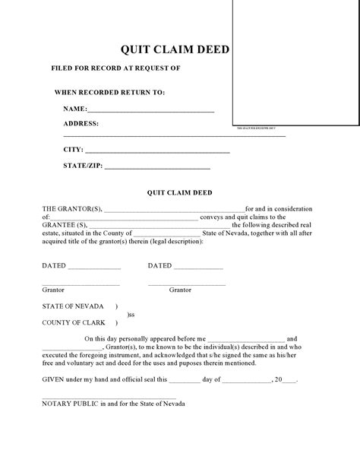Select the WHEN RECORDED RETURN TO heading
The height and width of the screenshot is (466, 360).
pyautogui.click(x=109, y=93)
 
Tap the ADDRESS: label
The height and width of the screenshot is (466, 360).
pyautogui.click(x=81, y=123)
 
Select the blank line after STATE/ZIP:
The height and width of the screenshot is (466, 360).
pyautogui.click(x=157, y=166)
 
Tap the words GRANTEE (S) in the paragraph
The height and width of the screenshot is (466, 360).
pyautogui.click(x=65, y=225)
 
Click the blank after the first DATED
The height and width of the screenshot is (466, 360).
pyautogui.click(x=95, y=267)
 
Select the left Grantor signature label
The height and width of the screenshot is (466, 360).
pyautogui.click(x=53, y=290)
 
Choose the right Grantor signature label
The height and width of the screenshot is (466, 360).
pyautogui.click(x=180, y=290)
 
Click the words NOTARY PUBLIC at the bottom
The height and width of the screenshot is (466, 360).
pyautogui.click(x=69, y=403)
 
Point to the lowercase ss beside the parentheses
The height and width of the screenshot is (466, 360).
pyautogui.click(x=131, y=314)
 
